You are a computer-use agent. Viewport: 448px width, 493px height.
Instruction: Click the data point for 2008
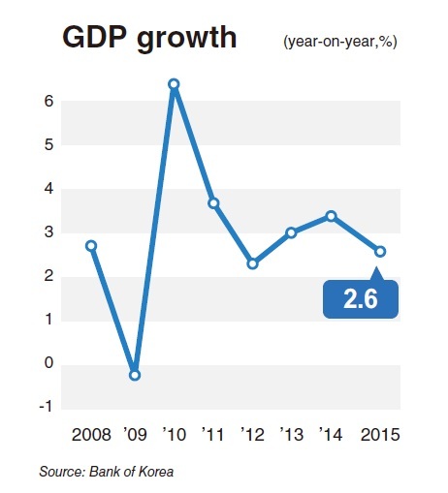(91, 246)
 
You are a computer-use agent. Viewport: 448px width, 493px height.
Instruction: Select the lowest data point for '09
(135, 375)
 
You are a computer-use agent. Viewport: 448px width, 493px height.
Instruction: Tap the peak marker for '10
(174, 84)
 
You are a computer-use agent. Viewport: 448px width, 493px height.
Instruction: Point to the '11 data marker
(213, 203)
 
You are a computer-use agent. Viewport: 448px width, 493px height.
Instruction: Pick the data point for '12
(253, 263)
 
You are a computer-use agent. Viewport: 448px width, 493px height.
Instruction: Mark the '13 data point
(292, 232)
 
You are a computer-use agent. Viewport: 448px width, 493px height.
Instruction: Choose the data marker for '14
(331, 216)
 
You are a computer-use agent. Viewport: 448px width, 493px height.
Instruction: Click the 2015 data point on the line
(380, 252)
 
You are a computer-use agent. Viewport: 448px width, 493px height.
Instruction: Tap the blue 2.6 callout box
(361, 298)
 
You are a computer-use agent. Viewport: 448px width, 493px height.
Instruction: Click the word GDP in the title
(94, 37)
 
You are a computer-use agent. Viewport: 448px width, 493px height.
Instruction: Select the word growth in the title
(187, 39)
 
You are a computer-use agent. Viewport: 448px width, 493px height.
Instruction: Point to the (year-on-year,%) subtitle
(340, 42)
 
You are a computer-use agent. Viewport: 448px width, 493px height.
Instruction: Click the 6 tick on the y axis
(48, 102)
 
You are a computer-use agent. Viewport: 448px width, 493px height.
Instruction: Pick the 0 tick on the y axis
(48, 363)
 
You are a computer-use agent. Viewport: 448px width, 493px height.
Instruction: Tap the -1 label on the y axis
(46, 407)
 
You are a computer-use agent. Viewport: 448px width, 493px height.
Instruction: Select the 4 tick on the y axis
(48, 189)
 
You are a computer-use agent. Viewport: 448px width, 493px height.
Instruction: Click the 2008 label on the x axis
(91, 435)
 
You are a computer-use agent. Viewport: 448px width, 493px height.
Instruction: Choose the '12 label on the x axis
(252, 435)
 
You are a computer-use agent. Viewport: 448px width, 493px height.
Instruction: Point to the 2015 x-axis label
(380, 435)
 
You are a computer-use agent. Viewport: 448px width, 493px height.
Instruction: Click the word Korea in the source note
(156, 472)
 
